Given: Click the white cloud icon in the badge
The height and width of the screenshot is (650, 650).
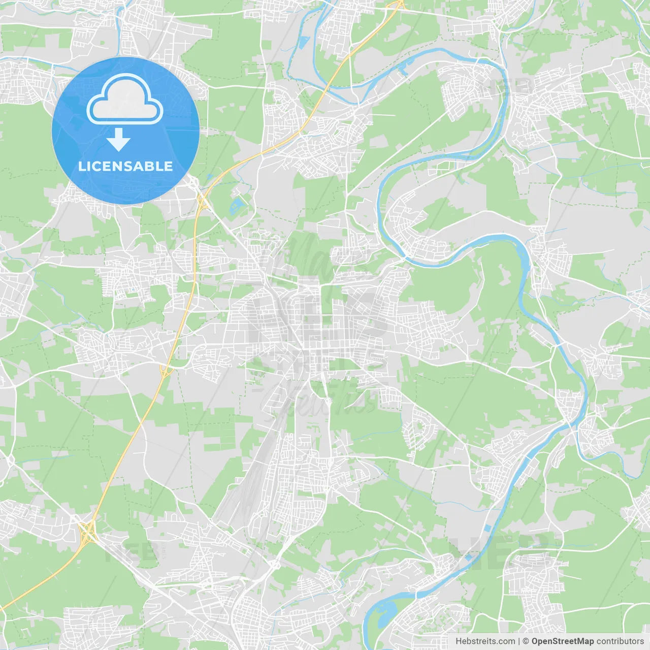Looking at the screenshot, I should (125, 100).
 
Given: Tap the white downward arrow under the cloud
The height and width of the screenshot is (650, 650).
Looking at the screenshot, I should (119, 139).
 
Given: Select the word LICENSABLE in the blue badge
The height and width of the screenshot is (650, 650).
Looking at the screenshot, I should (125, 166).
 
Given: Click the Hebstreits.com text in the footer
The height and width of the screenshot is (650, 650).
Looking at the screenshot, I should (485, 641).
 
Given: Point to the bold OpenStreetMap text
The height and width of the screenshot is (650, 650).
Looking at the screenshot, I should (562, 641).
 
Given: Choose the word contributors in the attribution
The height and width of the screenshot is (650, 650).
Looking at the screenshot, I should (620, 641).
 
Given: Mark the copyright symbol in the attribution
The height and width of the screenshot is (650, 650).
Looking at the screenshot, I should (526, 641).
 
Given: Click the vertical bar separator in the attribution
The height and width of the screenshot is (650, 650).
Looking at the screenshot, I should (519, 641).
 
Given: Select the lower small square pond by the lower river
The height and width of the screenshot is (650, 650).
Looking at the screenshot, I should (468, 557).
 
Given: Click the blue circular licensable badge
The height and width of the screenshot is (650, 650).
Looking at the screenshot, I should (125, 131).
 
